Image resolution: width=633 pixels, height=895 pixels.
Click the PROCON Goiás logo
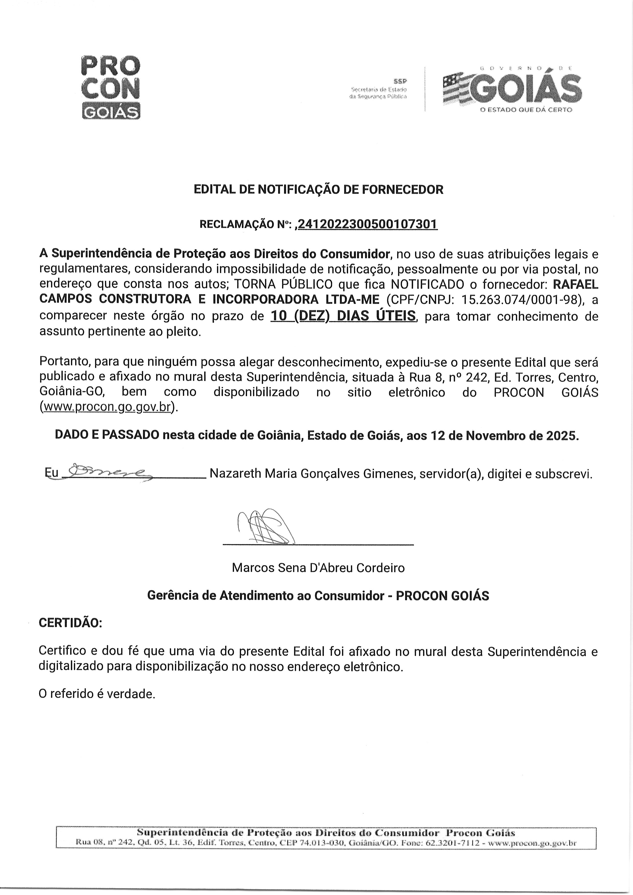tap(111, 87)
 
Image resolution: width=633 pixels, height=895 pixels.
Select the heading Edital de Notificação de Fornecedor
tap(319, 190)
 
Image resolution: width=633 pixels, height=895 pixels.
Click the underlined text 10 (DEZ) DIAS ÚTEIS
tap(343, 315)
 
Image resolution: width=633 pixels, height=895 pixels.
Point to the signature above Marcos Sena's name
tap(265, 527)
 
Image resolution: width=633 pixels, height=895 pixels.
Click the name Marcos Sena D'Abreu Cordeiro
tap(318, 567)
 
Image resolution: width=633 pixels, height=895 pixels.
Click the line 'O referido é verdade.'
tap(97, 693)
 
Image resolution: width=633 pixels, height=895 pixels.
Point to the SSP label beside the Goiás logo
tap(400, 81)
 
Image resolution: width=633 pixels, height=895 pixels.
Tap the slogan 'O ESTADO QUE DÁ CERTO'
tap(526, 110)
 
